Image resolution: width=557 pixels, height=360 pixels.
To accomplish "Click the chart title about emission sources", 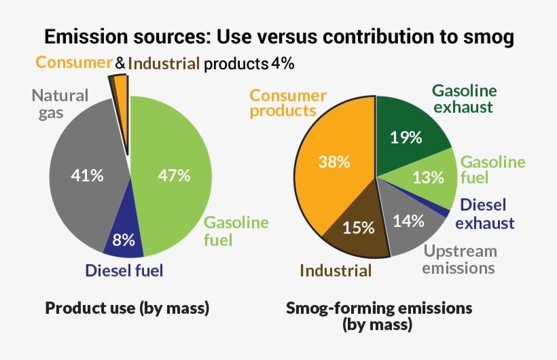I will pos(278,37).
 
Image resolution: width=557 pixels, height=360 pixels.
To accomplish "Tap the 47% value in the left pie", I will pos(174,175).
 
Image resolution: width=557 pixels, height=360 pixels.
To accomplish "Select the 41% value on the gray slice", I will pos(88,175).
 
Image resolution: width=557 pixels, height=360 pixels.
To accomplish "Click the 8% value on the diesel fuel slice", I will pos(124,239).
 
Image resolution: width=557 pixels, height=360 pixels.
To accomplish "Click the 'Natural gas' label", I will pos(60,104).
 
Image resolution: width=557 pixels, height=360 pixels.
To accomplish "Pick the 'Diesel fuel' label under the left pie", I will pos(124,270).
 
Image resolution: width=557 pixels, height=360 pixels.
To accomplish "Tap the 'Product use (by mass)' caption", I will pos(127,308).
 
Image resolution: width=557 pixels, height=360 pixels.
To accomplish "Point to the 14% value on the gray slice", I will pos(408,220).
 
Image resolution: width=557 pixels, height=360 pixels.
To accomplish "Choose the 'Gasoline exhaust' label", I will pos(465,98).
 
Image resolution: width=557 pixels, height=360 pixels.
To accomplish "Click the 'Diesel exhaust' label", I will pos(485,214).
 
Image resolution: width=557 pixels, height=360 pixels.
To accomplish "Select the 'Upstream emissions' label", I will pos(459,259).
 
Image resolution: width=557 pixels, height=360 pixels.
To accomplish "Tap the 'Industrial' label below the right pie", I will pos(336,271).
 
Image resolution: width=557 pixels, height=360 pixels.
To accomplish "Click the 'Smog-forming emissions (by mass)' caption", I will pos(378,316).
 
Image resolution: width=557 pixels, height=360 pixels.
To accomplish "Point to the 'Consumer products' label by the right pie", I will pos(288,103).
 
